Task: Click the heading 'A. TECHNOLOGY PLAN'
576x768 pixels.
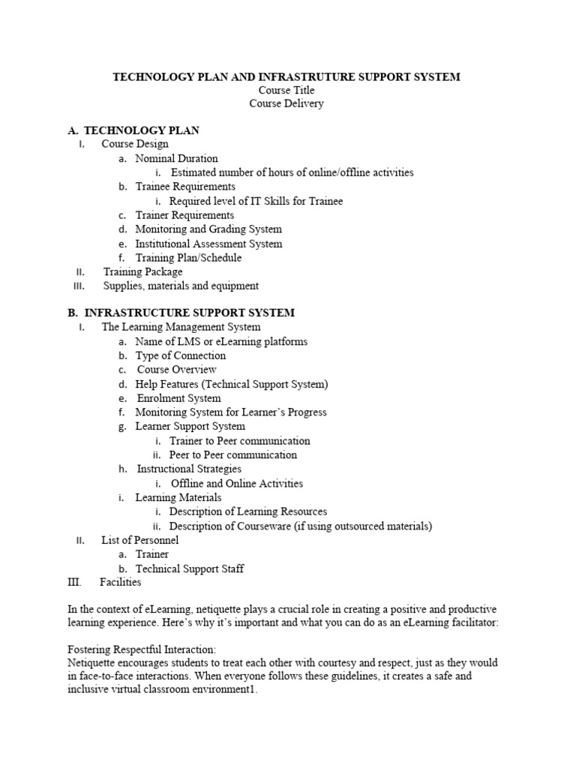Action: click(133, 130)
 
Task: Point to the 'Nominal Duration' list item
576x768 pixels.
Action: click(176, 158)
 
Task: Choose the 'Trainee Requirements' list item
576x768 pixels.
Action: click(185, 186)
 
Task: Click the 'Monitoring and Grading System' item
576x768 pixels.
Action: click(208, 229)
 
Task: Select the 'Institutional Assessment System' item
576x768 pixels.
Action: click(208, 244)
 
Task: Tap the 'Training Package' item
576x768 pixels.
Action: click(142, 271)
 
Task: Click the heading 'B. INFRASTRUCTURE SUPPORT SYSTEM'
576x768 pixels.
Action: click(181, 312)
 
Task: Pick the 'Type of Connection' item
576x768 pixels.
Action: click(180, 355)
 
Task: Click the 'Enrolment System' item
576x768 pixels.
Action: click(178, 398)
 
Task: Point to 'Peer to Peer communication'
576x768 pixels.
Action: click(232, 454)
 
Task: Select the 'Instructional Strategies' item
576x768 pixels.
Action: click(189, 469)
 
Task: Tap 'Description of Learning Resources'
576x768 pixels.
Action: click(247, 511)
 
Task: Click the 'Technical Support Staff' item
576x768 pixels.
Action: click(189, 568)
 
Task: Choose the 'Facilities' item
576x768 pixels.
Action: click(121, 582)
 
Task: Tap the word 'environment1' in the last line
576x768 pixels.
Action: click(224, 691)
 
